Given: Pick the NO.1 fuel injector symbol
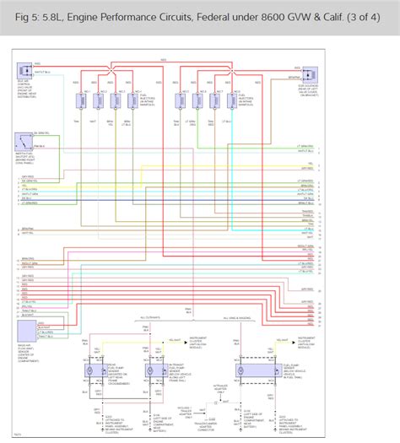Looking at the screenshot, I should pyautogui.click(x=82, y=100).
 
